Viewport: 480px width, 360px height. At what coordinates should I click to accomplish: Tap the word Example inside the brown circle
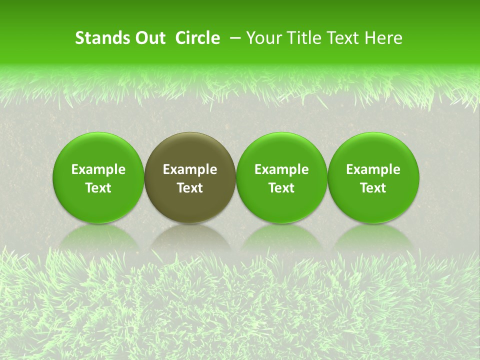190,169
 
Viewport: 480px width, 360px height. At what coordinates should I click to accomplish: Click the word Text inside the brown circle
190,188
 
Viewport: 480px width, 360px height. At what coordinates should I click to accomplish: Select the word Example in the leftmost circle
98,169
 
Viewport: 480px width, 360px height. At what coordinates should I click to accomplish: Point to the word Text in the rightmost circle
373,188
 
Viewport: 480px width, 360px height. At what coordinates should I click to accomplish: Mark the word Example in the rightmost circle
373,169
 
